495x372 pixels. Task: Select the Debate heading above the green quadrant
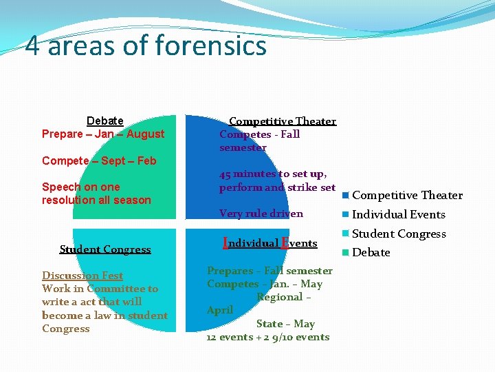(x=105, y=121)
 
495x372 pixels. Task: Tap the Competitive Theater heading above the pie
(x=282, y=121)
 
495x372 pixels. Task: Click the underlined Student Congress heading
(x=105, y=249)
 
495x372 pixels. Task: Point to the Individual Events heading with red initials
(x=270, y=242)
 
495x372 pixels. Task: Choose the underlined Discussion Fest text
(x=82, y=276)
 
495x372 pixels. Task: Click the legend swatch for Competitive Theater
(x=346, y=195)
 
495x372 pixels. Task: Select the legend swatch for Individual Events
(x=346, y=214)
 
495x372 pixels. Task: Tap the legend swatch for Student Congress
(x=346, y=234)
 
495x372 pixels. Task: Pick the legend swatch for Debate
(x=346, y=252)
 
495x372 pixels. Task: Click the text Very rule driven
(x=261, y=214)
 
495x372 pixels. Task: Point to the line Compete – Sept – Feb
(x=99, y=161)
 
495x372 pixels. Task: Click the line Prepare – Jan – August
(x=103, y=134)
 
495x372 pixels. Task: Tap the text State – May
(x=285, y=324)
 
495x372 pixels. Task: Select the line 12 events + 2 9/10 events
(x=267, y=337)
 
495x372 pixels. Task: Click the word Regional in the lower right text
(x=280, y=297)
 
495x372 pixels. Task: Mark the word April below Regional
(x=220, y=310)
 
